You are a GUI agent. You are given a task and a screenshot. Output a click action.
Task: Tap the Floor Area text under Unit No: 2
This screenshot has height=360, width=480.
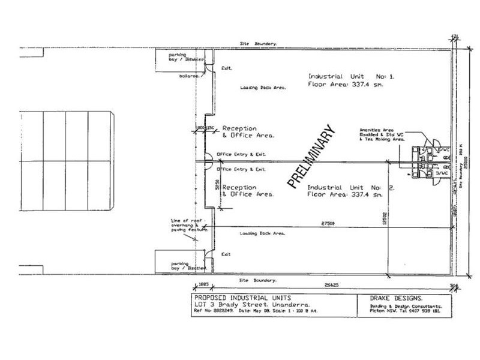345,196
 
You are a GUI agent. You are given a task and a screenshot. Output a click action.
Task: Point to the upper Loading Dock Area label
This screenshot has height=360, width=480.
263,88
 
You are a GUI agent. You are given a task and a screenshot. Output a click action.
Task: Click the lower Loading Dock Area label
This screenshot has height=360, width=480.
263,233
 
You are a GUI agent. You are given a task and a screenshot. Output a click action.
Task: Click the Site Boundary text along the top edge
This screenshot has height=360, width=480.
258,44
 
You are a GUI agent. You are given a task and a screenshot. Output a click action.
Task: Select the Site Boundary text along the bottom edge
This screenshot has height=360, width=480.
258,280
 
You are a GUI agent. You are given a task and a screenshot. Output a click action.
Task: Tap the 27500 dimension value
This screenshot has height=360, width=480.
328,223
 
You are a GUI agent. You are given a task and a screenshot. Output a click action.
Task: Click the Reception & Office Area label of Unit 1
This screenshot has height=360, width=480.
247,132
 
